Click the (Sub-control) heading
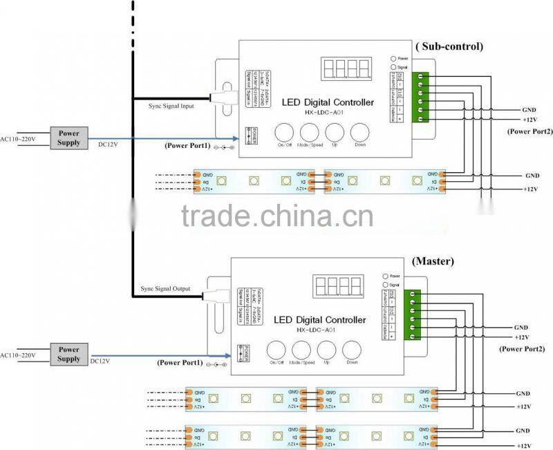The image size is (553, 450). click(449, 46)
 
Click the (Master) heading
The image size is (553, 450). click(432, 262)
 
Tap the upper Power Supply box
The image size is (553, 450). click(69, 138)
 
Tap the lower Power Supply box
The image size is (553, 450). click(69, 354)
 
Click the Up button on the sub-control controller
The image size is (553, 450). click(335, 133)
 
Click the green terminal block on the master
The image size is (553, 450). click(413, 315)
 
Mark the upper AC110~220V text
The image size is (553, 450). click(17, 138)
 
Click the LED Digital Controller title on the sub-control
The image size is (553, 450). click(328, 102)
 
